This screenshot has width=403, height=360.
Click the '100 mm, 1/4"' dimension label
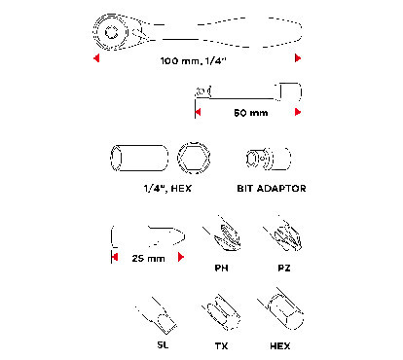click(x=193, y=60)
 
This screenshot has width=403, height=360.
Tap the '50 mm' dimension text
click(x=251, y=113)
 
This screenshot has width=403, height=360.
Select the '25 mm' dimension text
click(x=148, y=259)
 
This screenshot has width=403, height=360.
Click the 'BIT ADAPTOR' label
click(x=272, y=189)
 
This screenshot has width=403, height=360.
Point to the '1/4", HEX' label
click(x=167, y=188)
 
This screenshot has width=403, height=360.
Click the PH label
click(x=221, y=269)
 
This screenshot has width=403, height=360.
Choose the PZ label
click(x=284, y=269)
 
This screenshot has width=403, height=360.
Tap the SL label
click(x=163, y=344)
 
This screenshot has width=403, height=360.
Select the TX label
click(x=221, y=346)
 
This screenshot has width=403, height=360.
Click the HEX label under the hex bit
click(x=280, y=346)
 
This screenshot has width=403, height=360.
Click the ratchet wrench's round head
click(x=111, y=32)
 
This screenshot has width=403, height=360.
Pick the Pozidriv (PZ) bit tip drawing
click(x=284, y=234)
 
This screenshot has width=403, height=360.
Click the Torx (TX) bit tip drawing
click(x=223, y=312)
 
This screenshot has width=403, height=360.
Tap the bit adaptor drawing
click(x=268, y=159)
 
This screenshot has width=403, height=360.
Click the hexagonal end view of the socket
click(x=194, y=158)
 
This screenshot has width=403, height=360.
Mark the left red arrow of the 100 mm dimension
click(x=96, y=58)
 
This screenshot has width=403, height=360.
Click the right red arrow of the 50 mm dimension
click(x=298, y=112)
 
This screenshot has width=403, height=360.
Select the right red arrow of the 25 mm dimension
click(x=181, y=257)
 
